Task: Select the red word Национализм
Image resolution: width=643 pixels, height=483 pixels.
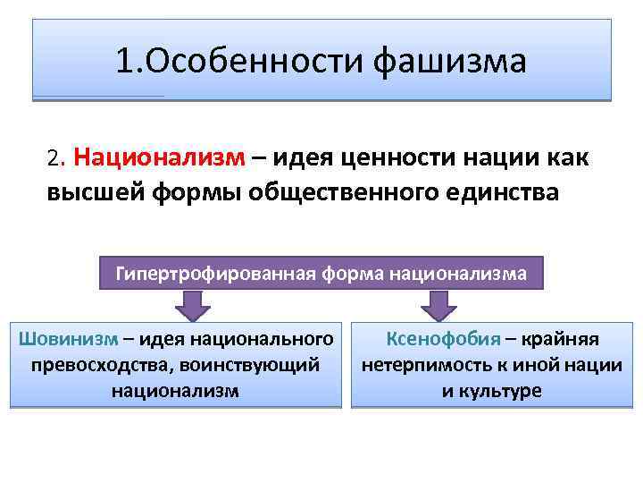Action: click(160, 158)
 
